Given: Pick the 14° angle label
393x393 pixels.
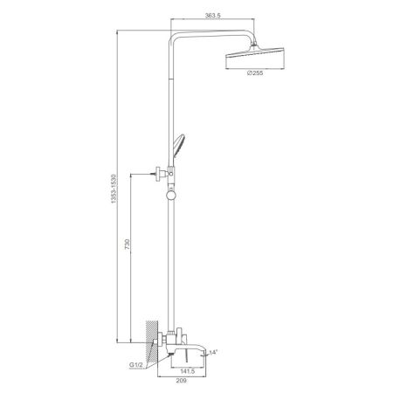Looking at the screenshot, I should pyautogui.click(x=213, y=351).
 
